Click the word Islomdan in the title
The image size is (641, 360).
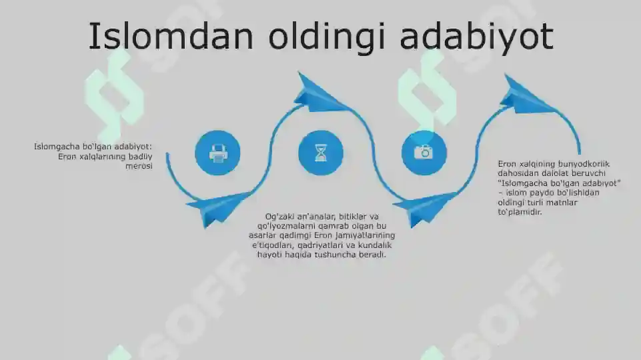point(171,36)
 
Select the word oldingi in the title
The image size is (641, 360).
point(327,37)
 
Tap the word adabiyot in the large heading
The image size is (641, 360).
point(476,37)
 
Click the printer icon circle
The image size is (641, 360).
point(217,153)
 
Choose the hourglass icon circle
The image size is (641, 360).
point(320,153)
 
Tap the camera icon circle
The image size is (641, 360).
point(424,153)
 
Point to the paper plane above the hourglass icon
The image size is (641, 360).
point(321,93)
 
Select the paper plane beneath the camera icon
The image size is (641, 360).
point(424,209)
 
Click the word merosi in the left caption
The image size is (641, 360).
point(139,166)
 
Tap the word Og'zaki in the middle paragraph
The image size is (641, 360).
point(279,217)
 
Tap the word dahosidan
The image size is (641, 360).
point(517,173)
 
